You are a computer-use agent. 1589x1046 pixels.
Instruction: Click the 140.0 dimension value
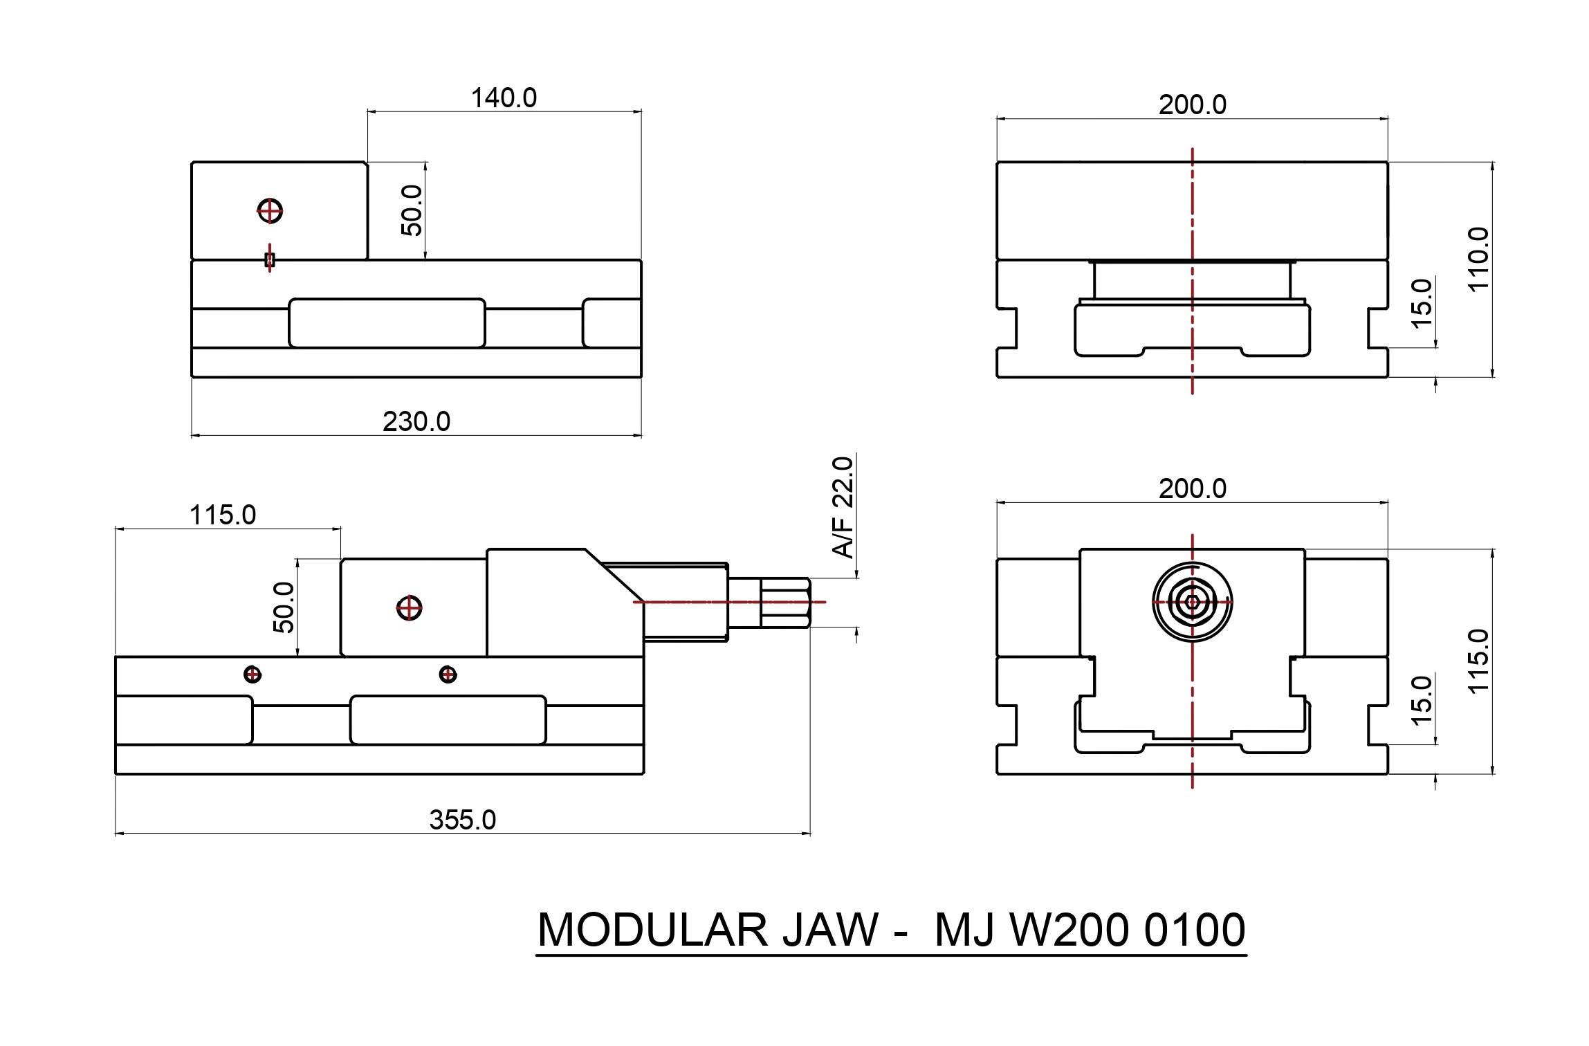[x=504, y=98]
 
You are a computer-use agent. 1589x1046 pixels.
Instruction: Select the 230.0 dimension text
[x=416, y=421]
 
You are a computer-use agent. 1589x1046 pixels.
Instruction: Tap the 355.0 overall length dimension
[x=463, y=820]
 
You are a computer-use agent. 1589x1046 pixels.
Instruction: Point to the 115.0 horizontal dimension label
[x=223, y=515]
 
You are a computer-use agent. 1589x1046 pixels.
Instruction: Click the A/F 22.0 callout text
[x=844, y=507]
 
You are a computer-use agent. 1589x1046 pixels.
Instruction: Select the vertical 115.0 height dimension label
[x=1477, y=661]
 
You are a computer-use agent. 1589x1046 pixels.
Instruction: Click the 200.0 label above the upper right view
[x=1193, y=104]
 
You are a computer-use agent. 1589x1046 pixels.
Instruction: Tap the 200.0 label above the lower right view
[x=1193, y=488]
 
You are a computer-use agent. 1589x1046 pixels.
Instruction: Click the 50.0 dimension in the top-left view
[x=412, y=210]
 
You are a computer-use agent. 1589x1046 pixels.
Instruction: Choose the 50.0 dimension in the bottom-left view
[x=284, y=607]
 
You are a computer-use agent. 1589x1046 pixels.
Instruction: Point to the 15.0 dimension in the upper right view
[x=1421, y=304]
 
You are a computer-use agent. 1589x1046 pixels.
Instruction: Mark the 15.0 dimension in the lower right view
[x=1421, y=701]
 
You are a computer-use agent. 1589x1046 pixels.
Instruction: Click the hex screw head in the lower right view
[x=1193, y=602]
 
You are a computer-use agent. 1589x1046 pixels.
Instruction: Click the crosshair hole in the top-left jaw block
[x=270, y=210]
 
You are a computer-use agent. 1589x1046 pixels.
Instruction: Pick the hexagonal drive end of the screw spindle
[x=785, y=603]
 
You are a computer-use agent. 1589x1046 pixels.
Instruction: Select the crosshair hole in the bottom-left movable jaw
[x=410, y=608]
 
